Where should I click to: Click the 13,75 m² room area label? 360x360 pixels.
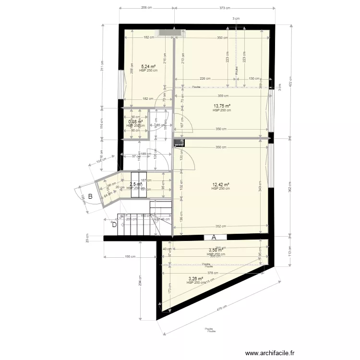pyautogui.click(x=222, y=106)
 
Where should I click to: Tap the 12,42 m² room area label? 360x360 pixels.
pyautogui.click(x=221, y=185)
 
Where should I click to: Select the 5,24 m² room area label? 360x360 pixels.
pyautogui.click(x=148, y=67)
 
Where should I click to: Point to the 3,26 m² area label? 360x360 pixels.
pyautogui.click(x=196, y=279)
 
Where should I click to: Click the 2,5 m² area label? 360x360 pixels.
pyautogui.click(x=136, y=184)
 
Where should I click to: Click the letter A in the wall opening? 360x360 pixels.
pyautogui.click(x=214, y=237)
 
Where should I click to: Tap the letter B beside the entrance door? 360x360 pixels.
pyautogui.click(x=90, y=196)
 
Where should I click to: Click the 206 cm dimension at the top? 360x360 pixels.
pyautogui.click(x=146, y=8)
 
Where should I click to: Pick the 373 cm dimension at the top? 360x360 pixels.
pyautogui.click(x=225, y=8)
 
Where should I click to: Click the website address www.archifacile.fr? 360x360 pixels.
pyautogui.click(x=270, y=353)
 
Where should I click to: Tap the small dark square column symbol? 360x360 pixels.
pyautogui.click(x=179, y=143)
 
